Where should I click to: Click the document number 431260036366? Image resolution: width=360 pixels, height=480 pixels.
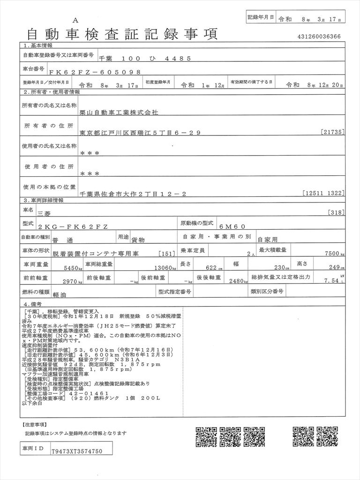pyautogui.click(x=319, y=37)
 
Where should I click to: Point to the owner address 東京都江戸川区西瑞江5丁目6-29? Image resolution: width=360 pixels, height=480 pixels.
pyautogui.click(x=141, y=133)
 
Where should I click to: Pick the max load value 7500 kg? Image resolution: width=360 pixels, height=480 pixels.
pyautogui.click(x=334, y=253)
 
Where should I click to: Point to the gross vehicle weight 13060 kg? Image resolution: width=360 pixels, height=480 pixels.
pyautogui.click(x=165, y=268)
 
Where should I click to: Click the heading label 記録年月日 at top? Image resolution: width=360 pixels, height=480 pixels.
pyautogui.click(x=260, y=17)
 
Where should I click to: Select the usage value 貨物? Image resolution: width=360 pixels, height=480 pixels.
pyautogui.click(x=138, y=239)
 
